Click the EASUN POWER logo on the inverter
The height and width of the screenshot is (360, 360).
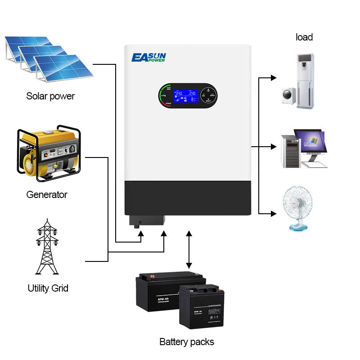(x=148, y=57)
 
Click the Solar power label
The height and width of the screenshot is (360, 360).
(x=50, y=96)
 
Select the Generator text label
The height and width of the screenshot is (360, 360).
(x=47, y=195)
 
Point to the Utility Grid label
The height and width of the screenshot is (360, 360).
(x=48, y=288)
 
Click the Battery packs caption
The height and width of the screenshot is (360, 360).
(x=187, y=342)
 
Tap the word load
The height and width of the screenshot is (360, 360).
(x=304, y=37)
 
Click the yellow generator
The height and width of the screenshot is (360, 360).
(x=48, y=153)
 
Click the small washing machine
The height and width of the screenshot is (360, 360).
(x=288, y=96)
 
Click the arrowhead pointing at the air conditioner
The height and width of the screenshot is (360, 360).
(x=273, y=78)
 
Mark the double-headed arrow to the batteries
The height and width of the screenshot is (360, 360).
(x=189, y=250)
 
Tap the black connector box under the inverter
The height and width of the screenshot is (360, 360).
(x=146, y=221)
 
